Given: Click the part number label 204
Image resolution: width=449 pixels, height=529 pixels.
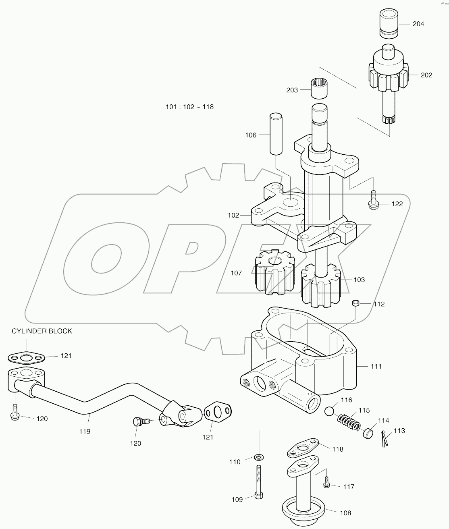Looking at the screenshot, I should click(x=418, y=24).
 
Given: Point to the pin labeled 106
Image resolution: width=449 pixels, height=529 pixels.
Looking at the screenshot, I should click(x=276, y=134).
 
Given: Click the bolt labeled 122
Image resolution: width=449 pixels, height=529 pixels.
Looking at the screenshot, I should click(x=373, y=200).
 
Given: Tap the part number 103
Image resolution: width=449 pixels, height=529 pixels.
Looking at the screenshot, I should click(x=359, y=280).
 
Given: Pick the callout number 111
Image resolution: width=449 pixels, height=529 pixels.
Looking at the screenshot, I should click(x=376, y=366).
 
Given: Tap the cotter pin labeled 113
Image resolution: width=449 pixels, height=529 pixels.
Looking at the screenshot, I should click(x=384, y=438).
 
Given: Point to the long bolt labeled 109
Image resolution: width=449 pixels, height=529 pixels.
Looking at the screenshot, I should click(x=258, y=481).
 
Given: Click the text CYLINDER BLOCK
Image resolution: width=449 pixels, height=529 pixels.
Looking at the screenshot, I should click(x=42, y=331).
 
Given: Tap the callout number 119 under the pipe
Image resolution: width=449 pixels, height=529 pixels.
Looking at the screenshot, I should click(x=85, y=431).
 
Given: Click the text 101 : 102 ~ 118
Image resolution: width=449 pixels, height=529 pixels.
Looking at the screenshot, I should click(x=190, y=107).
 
